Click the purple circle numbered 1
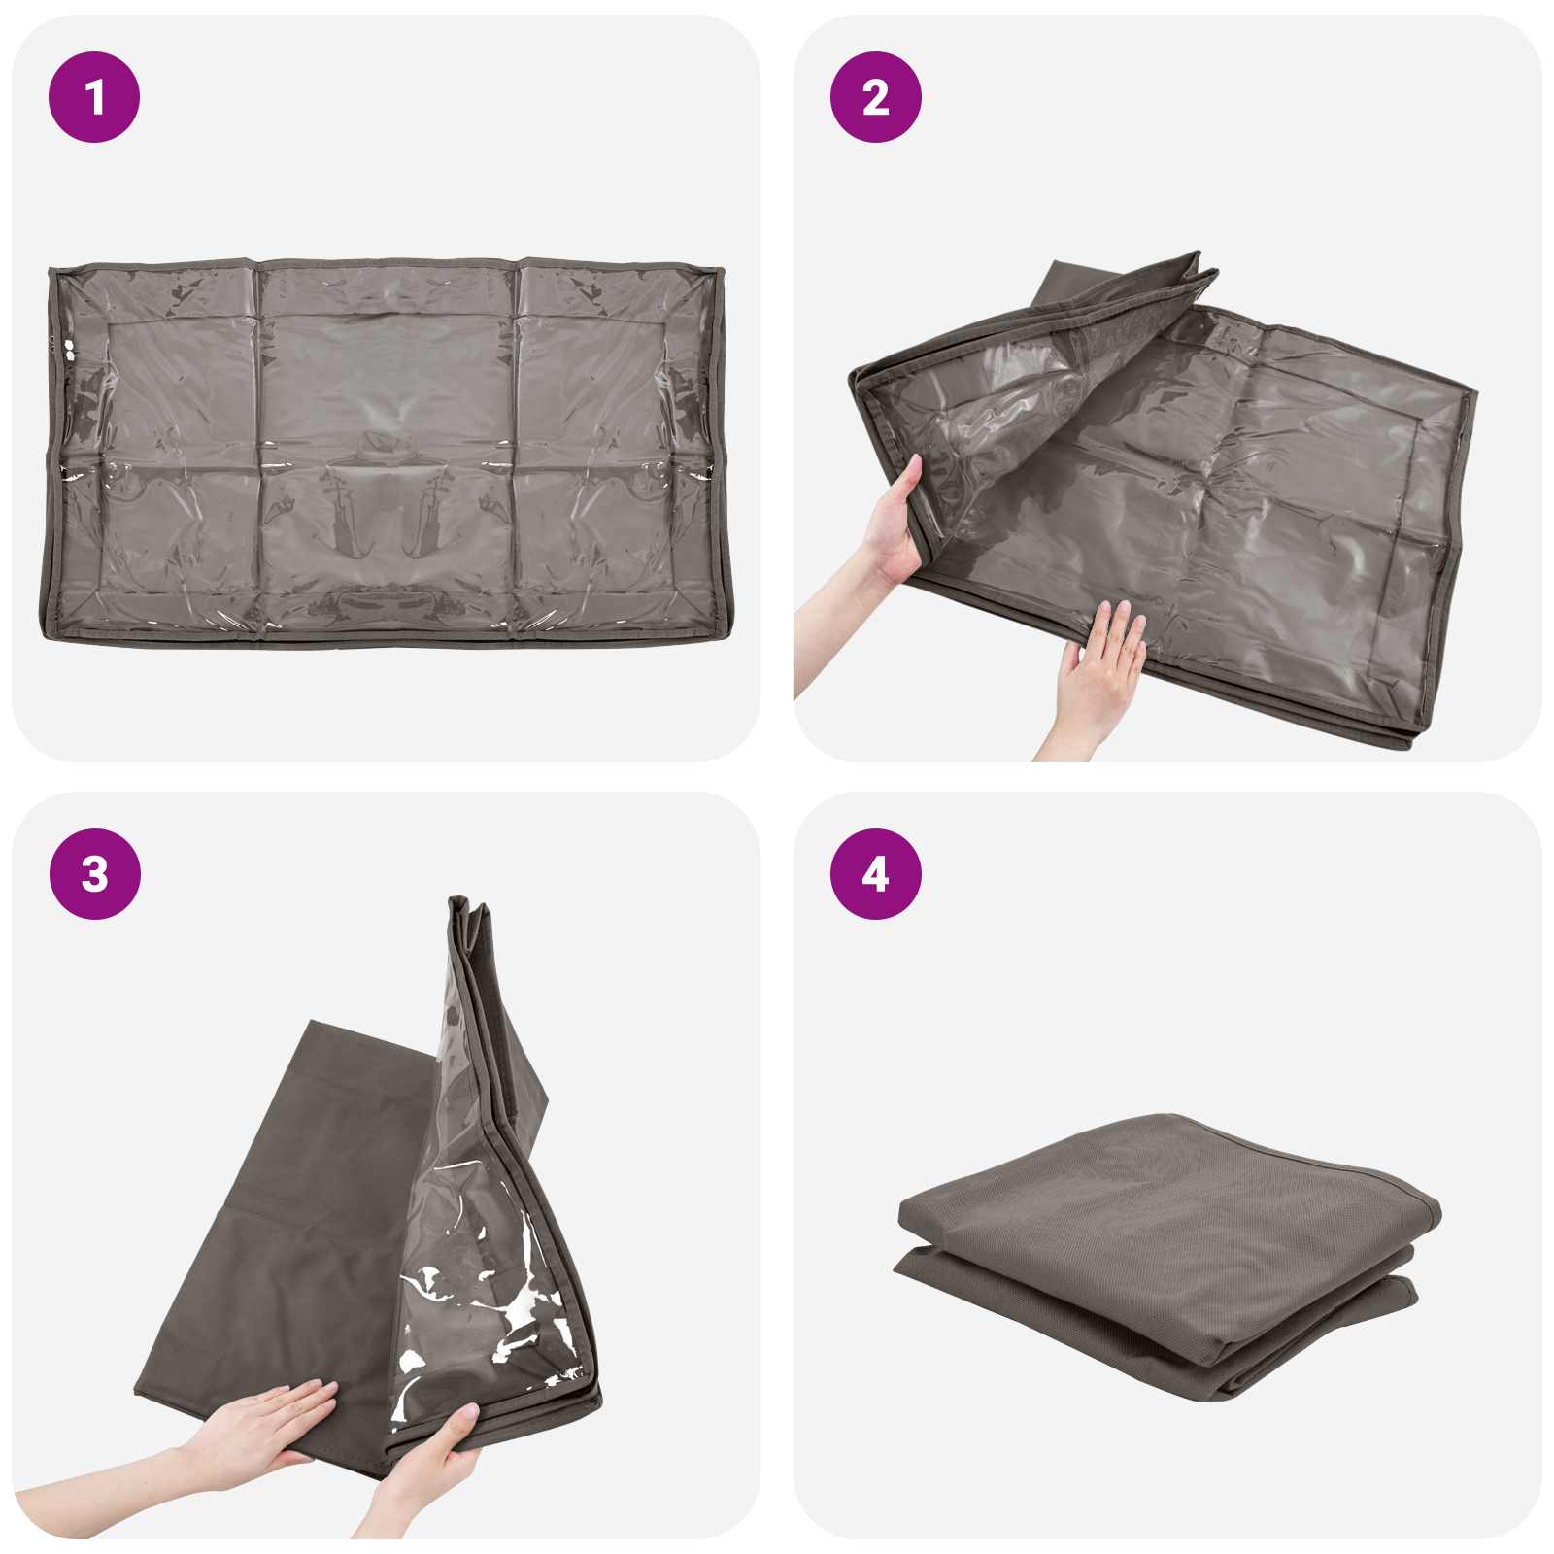(94, 97)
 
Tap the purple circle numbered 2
(875, 97)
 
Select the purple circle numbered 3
(94, 874)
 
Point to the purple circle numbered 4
(875, 874)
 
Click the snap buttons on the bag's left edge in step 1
(68, 350)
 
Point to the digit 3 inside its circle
(94, 874)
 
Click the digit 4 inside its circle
(875, 874)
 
